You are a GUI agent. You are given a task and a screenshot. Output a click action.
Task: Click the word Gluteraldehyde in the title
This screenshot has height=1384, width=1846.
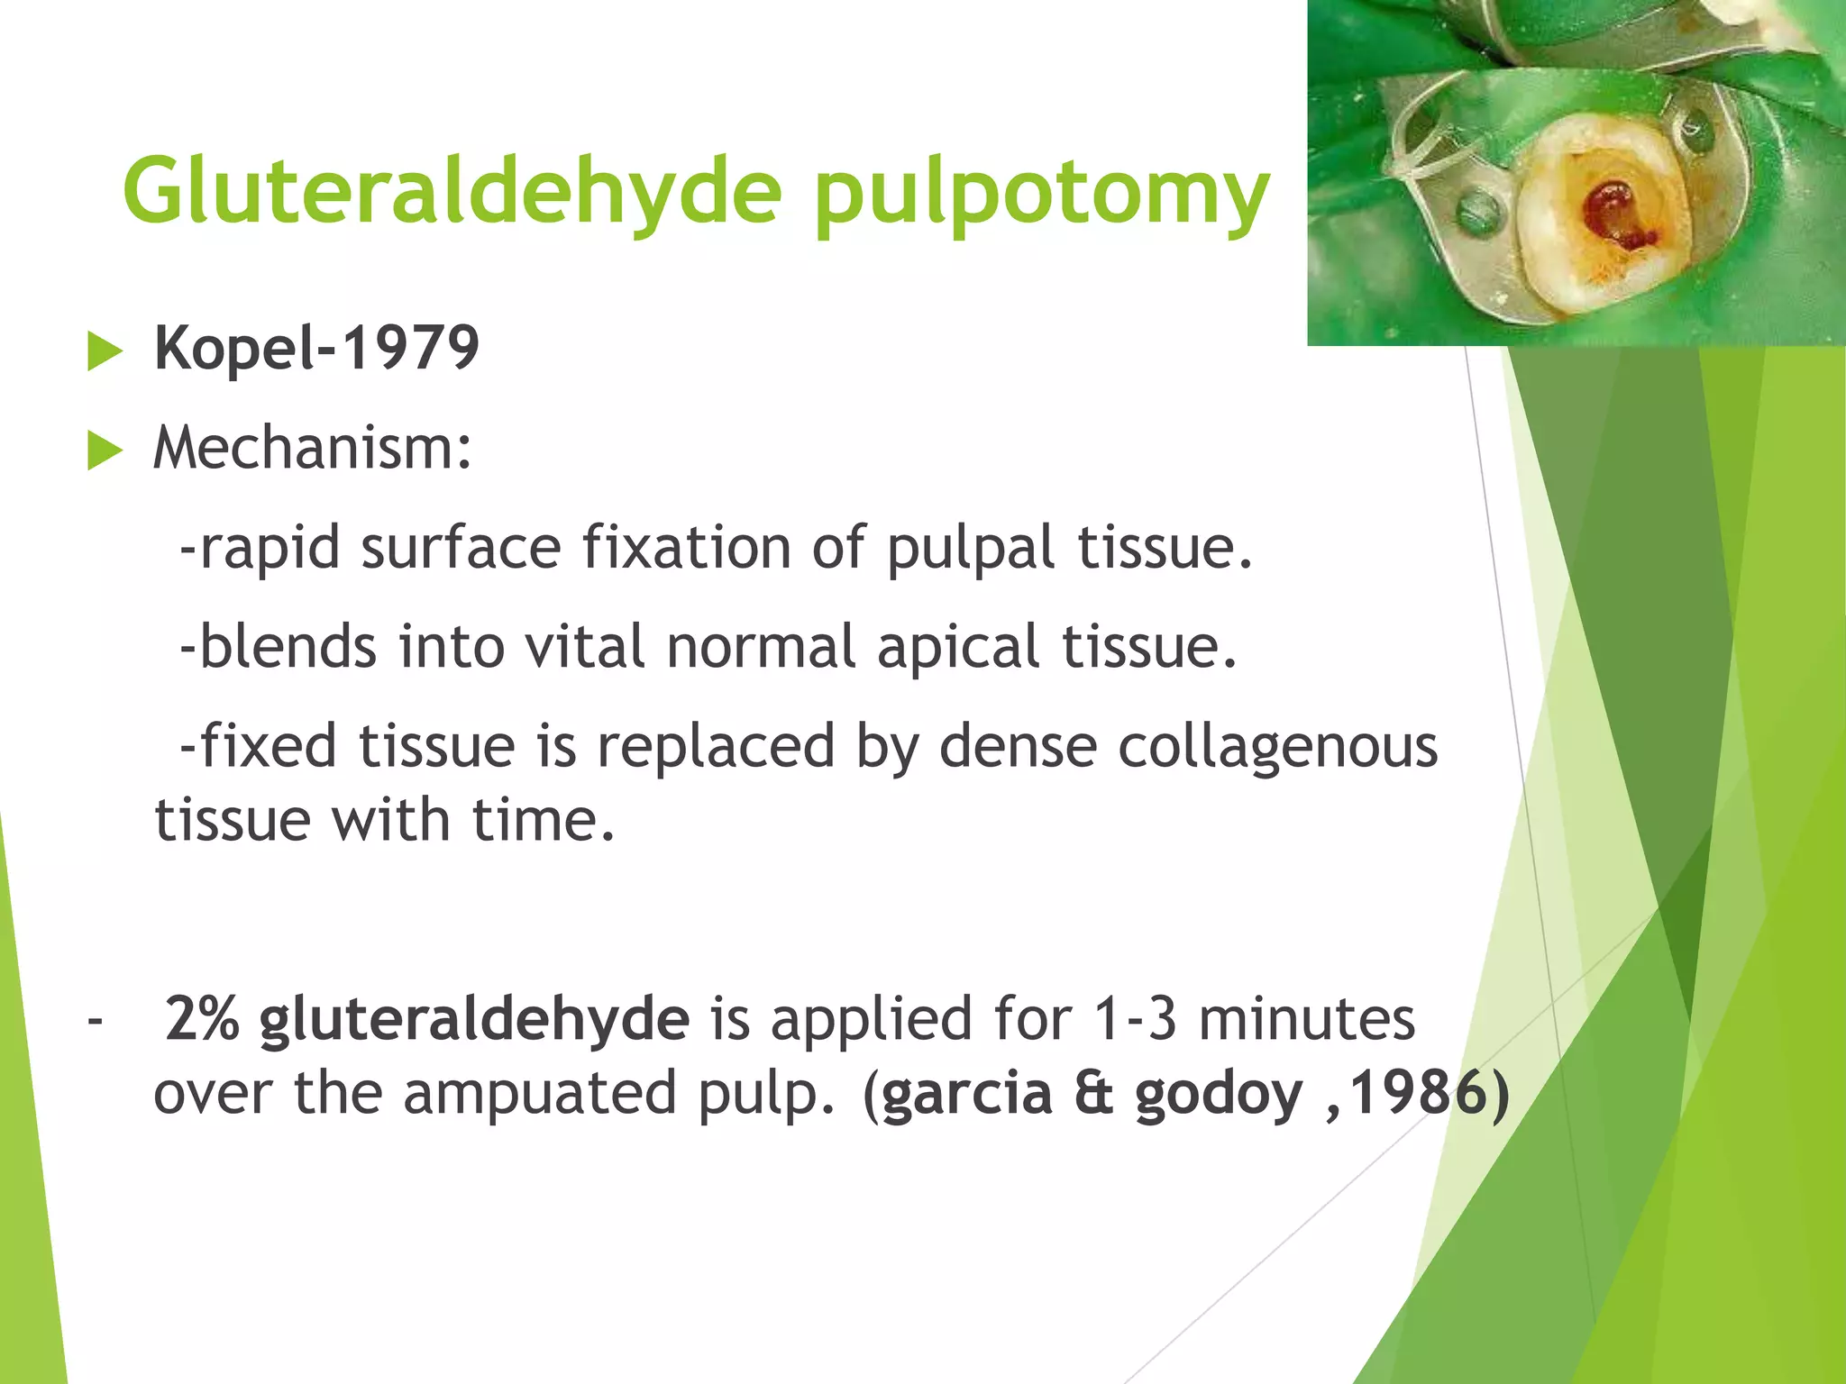pyautogui.click(x=451, y=191)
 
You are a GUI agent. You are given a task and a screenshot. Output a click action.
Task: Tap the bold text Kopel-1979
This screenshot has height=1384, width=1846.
pyautogui.click(x=316, y=348)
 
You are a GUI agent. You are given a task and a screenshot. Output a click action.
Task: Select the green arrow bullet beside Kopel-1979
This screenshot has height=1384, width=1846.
pyautogui.click(x=105, y=351)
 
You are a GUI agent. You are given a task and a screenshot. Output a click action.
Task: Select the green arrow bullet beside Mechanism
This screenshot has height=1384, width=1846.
pyautogui.click(x=105, y=451)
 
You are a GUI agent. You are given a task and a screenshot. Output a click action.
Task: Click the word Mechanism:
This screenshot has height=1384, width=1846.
pyautogui.click(x=312, y=448)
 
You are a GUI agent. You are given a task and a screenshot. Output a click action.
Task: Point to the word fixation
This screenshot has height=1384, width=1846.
pyautogui.click(x=685, y=547)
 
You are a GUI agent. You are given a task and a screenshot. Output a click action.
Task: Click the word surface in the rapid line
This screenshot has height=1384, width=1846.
pyautogui.click(x=461, y=549)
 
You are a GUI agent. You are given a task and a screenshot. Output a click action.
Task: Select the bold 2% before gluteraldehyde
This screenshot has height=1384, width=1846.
pyautogui.click(x=202, y=1019)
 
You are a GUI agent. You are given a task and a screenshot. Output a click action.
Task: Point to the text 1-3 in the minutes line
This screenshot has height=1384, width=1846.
pyautogui.click(x=1135, y=1019)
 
